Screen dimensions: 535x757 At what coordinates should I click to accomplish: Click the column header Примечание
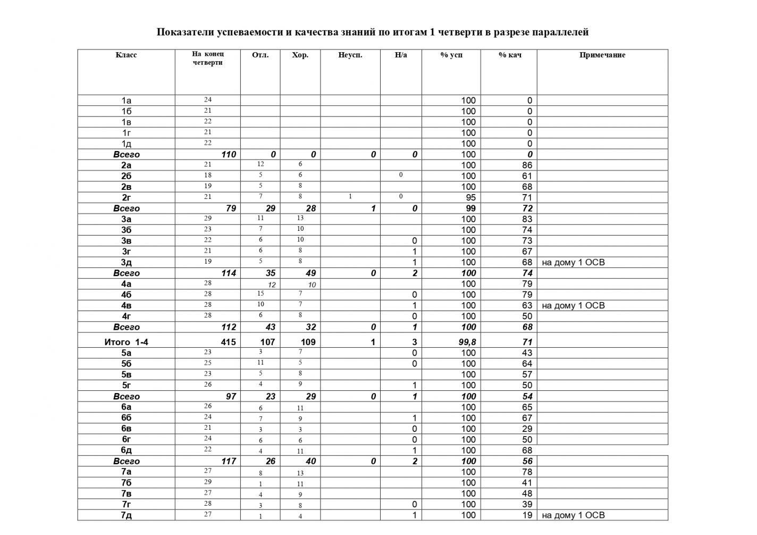[x=602, y=55]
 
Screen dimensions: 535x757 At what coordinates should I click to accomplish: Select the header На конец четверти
[x=207, y=58]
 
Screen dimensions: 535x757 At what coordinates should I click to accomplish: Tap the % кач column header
[x=509, y=55]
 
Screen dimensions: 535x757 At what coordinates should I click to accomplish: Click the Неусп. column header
[x=350, y=55]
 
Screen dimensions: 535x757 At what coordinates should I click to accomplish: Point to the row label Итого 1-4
[x=126, y=342]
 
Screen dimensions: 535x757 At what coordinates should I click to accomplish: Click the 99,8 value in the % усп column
[x=467, y=342]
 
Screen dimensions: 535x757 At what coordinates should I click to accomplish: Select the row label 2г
[x=126, y=197]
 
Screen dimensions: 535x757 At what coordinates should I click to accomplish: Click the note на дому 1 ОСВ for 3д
[x=573, y=262]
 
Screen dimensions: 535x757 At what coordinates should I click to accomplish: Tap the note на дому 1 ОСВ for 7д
[x=573, y=515]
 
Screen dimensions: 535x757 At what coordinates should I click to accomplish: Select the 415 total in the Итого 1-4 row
[x=228, y=342]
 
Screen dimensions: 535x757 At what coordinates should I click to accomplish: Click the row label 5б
[x=126, y=364]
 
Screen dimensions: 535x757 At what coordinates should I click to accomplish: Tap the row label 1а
[x=126, y=101]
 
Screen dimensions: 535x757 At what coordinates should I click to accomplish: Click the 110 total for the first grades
[x=228, y=154]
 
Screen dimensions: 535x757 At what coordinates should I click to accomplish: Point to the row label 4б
[x=126, y=295]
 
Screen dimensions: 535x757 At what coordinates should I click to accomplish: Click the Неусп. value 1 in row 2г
[x=350, y=197]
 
